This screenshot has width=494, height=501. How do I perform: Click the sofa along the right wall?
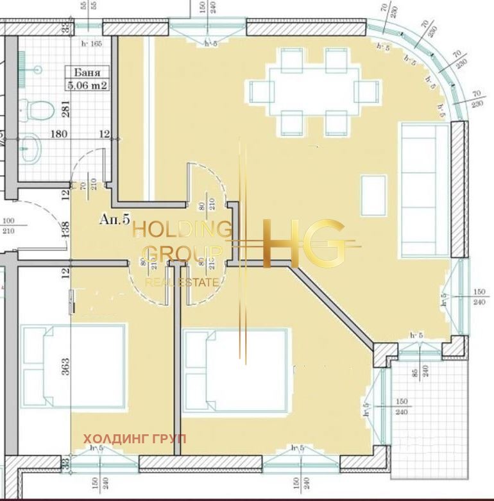point(425,190)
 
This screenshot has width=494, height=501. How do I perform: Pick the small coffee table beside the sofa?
point(373,195)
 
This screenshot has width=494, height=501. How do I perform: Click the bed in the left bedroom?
point(73,366)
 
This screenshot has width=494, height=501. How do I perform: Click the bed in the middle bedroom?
point(235,370)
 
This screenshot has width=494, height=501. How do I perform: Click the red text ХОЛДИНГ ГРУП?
point(135,439)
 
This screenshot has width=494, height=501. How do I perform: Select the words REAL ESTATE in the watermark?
point(182,282)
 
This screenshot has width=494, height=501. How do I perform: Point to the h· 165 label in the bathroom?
point(92,44)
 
